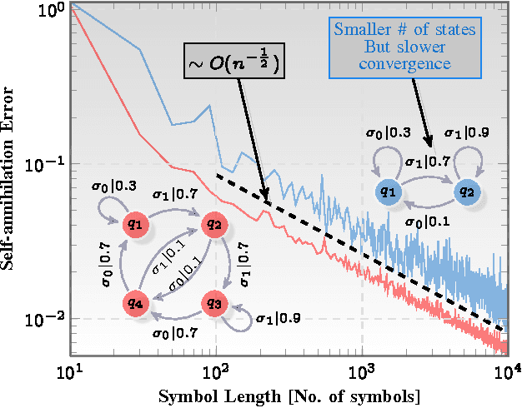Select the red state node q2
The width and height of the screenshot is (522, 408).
214,223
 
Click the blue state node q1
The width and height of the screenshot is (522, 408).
387,192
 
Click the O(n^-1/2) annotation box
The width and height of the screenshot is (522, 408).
234,62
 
